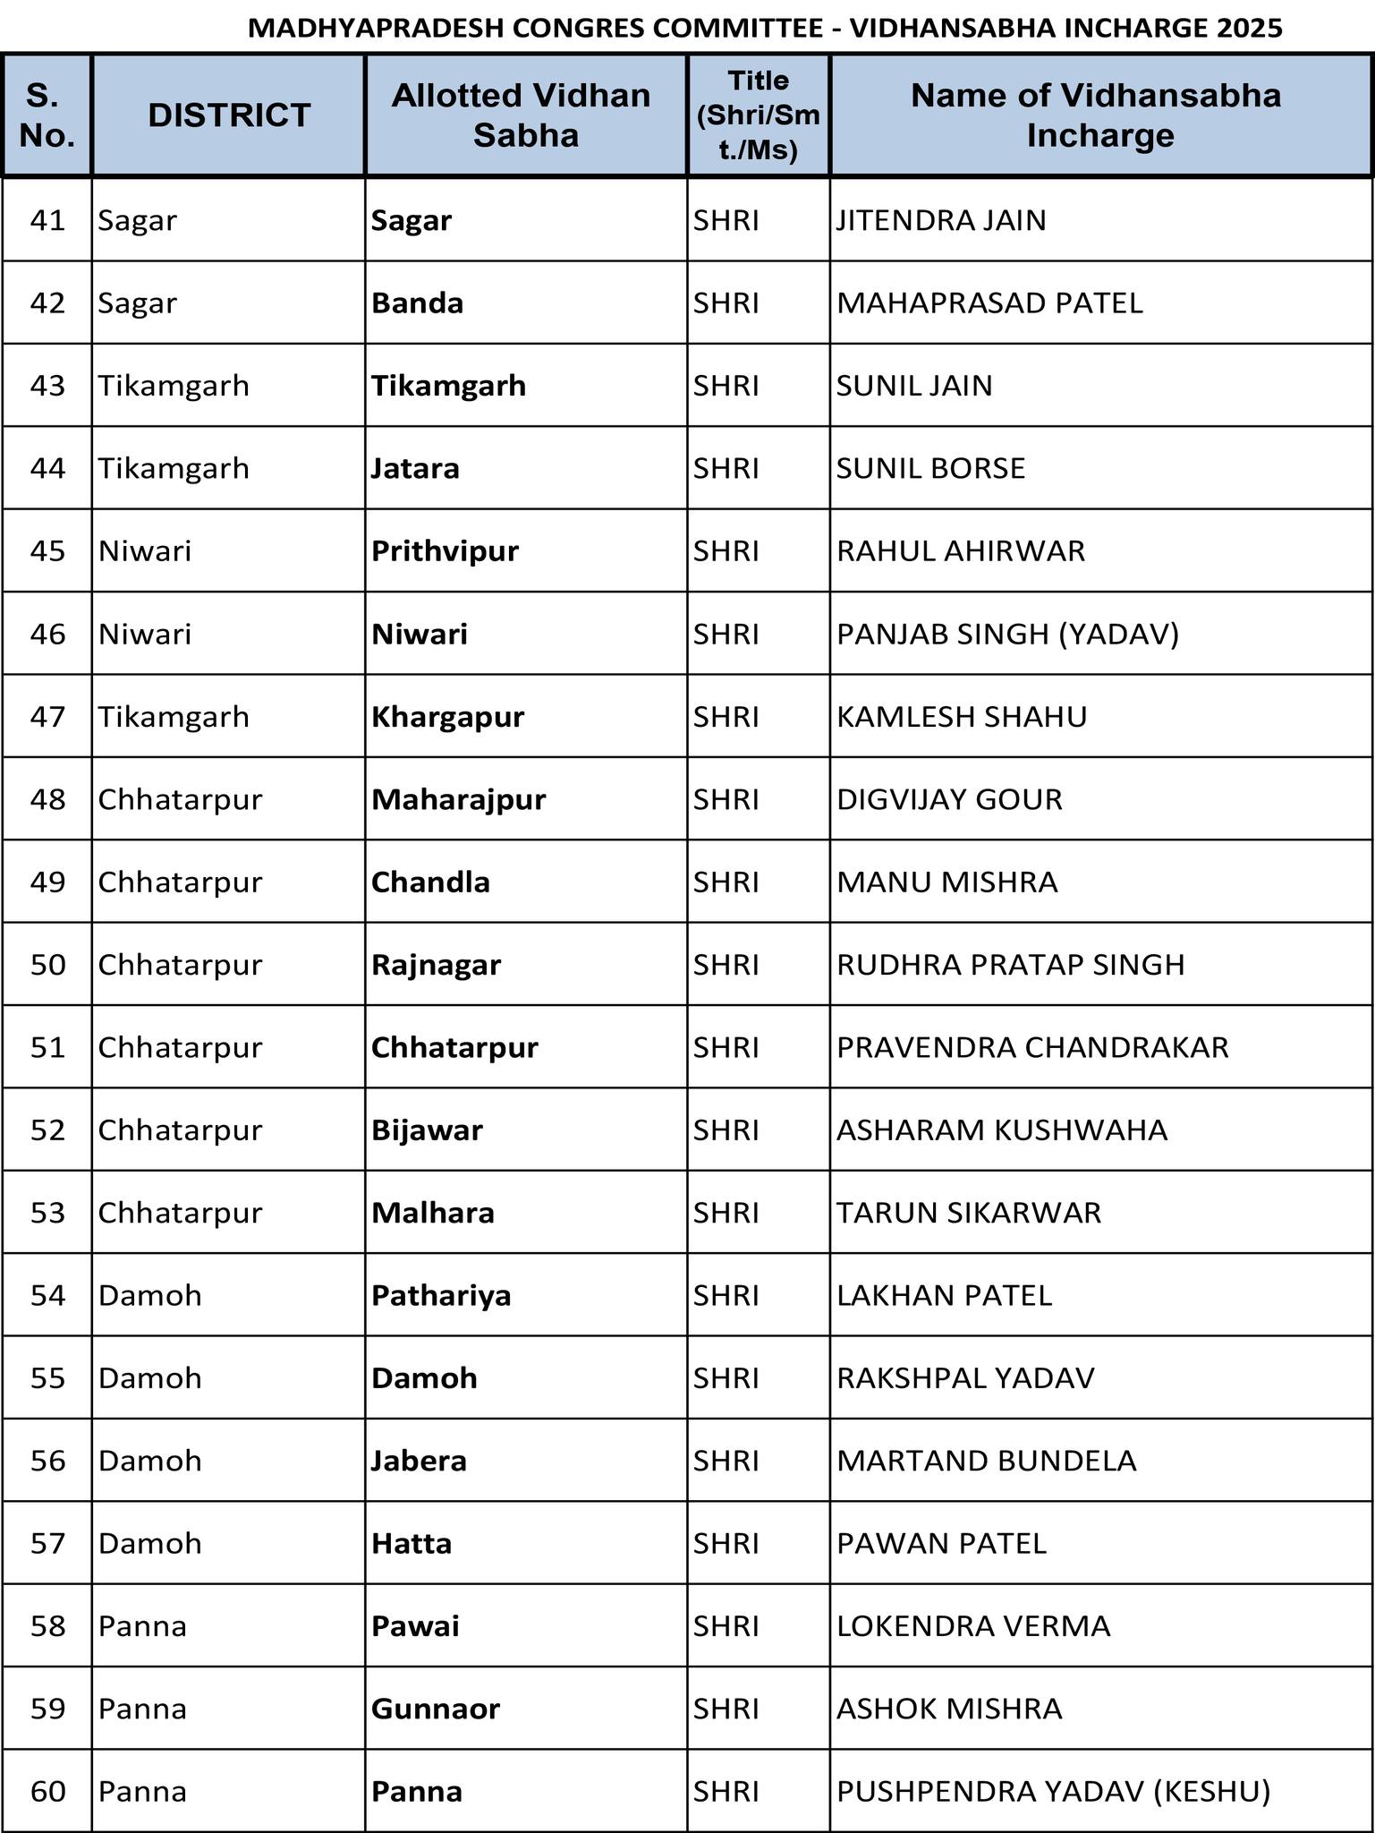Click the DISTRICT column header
click(229, 115)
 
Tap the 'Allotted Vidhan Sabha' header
click(525, 115)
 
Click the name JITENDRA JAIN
click(941, 220)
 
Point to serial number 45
click(48, 550)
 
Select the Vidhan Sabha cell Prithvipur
click(445, 550)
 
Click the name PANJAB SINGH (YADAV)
click(1007, 634)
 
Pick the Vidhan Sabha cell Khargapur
click(447, 717)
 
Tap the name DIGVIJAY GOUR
click(949, 799)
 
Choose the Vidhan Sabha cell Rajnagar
click(436, 965)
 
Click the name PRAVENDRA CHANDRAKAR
click(1032, 1047)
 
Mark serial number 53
click(48, 1213)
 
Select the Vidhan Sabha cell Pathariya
click(441, 1295)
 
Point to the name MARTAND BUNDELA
click(986, 1461)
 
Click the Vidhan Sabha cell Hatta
click(412, 1543)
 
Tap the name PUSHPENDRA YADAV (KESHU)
click(1053, 1791)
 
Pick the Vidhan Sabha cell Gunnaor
click(435, 1709)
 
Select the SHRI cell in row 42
click(726, 303)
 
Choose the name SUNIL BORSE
click(930, 468)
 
